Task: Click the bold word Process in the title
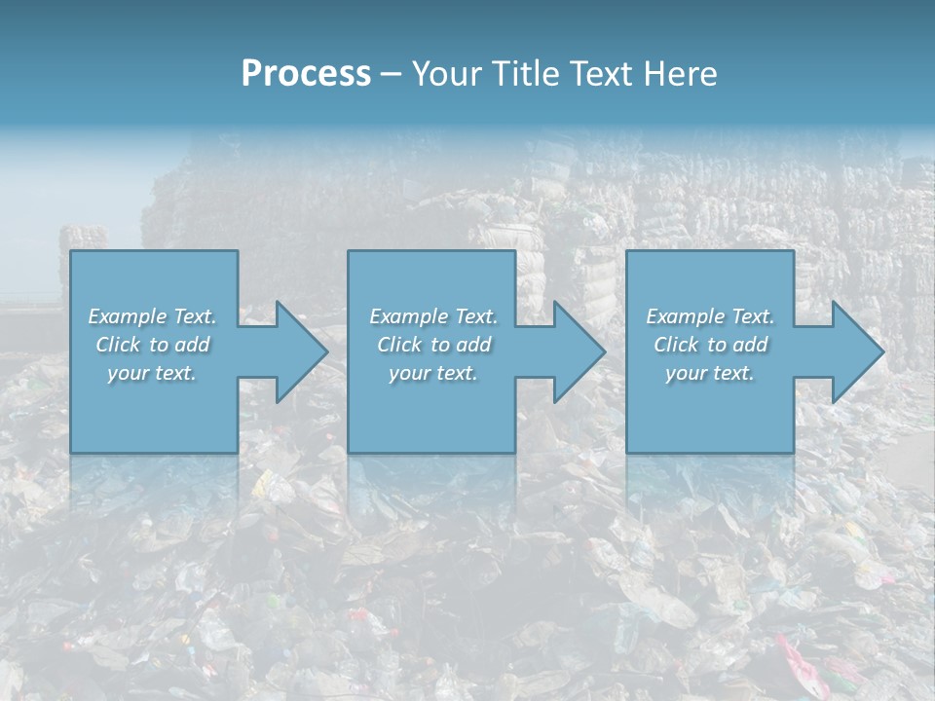pyautogui.click(x=306, y=74)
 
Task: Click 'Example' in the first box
pyautogui.click(x=128, y=316)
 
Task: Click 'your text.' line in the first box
pyautogui.click(x=152, y=373)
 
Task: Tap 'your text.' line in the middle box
pyautogui.click(x=432, y=373)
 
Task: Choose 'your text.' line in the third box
pyautogui.click(x=710, y=373)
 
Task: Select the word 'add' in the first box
pyautogui.click(x=193, y=345)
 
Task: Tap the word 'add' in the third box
pyautogui.click(x=751, y=345)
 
